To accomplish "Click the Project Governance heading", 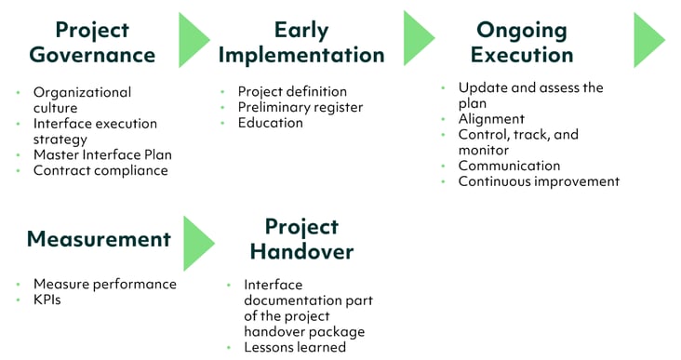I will click(x=92, y=41).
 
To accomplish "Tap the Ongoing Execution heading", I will click(x=522, y=42).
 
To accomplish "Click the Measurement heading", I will click(x=99, y=239).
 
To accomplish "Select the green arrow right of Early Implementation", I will click(x=418, y=40).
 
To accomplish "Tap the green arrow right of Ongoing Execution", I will click(x=648, y=40).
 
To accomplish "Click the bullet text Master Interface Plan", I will click(x=102, y=154).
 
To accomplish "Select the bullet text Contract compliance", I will click(x=100, y=170).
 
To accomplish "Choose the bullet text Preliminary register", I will click(x=300, y=107).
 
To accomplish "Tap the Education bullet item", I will click(x=272, y=123).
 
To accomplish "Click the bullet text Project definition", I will click(x=292, y=91).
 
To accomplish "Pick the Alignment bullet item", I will click(x=491, y=119).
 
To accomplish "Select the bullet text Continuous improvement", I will click(x=539, y=181).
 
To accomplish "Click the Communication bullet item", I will click(x=509, y=166).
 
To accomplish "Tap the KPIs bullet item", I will click(x=47, y=300).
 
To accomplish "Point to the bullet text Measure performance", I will click(x=104, y=284).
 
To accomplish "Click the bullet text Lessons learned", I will click(x=295, y=347).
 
